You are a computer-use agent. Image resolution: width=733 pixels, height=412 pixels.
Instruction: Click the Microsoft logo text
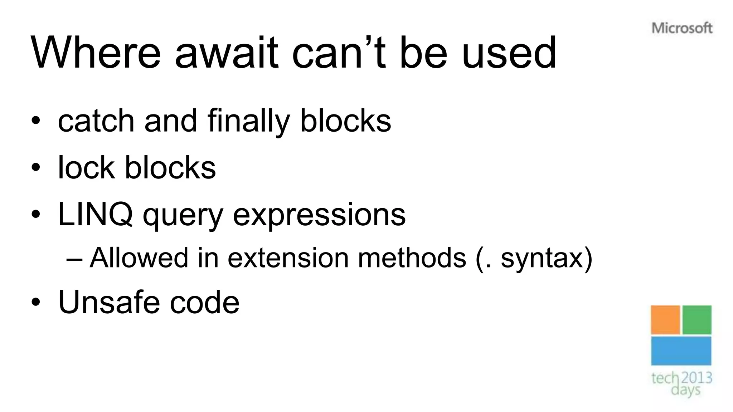pyautogui.click(x=682, y=28)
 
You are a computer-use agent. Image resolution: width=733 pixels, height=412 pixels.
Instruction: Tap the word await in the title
pyautogui.click(x=226, y=53)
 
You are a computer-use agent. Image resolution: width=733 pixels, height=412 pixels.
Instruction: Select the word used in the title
pyautogui.click(x=509, y=53)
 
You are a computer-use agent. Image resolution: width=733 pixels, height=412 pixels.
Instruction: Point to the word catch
pyautogui.click(x=96, y=121)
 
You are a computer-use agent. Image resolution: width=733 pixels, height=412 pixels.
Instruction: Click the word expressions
pyautogui.click(x=319, y=215)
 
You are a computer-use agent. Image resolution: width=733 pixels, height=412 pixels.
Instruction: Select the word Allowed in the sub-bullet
pyautogui.click(x=139, y=257)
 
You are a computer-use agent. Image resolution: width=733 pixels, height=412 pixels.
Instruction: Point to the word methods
pyautogui.click(x=412, y=257)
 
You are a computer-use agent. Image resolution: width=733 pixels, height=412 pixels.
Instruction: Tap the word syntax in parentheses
pyautogui.click(x=542, y=258)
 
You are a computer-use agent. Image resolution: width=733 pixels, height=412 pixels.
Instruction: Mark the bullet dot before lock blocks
pyautogui.click(x=35, y=167)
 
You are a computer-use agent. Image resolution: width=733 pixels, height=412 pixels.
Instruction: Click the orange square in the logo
pyautogui.click(x=665, y=320)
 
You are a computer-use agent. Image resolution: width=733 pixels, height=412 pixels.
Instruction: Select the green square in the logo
pyautogui.click(x=697, y=320)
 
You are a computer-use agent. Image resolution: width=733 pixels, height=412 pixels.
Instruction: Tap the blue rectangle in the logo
pyautogui.click(x=681, y=351)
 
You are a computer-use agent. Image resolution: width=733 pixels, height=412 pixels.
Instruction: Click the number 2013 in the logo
pyautogui.click(x=696, y=378)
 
